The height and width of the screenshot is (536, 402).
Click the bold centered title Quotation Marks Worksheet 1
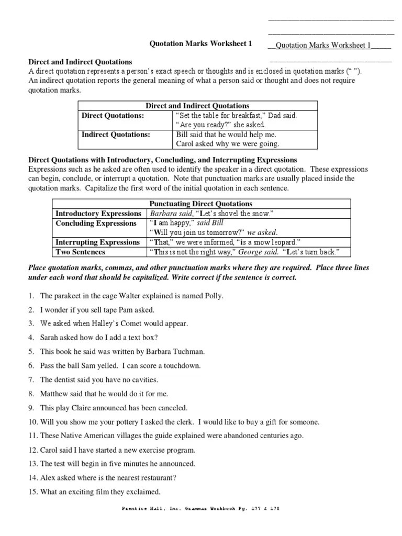(x=201, y=44)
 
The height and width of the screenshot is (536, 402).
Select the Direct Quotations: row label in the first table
(x=112, y=116)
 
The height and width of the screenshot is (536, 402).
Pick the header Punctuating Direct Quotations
(x=200, y=204)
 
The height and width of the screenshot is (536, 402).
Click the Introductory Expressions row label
(x=98, y=214)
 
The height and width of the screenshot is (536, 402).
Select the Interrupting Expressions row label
(x=98, y=242)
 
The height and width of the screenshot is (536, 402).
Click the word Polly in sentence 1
(x=213, y=296)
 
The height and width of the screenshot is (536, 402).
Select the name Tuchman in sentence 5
(x=189, y=352)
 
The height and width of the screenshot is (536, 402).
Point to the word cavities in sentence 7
(x=142, y=379)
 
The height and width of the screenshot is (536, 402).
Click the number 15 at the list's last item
(x=32, y=492)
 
